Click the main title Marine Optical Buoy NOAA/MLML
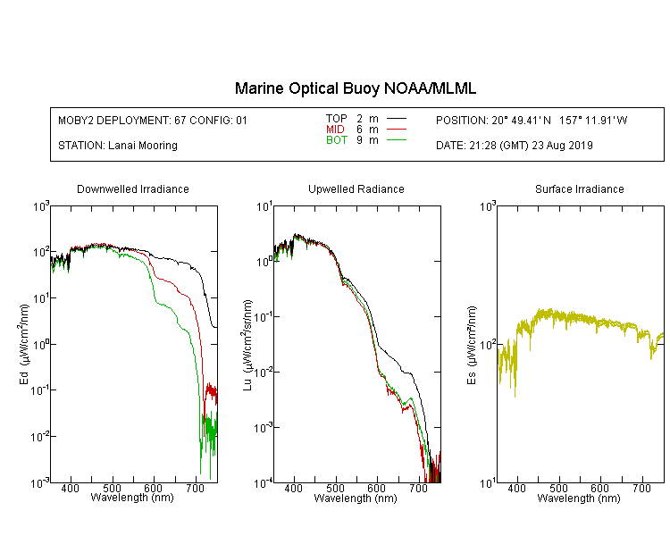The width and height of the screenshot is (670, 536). coord(355,88)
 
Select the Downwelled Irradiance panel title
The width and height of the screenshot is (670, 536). coord(133,188)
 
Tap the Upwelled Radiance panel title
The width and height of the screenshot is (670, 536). coord(356,188)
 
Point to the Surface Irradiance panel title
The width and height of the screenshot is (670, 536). coord(580,188)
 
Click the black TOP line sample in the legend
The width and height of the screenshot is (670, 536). coord(397,119)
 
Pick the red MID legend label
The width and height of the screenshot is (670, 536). coord(335,129)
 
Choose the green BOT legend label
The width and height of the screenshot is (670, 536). coord(336,140)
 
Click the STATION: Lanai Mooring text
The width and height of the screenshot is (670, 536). coord(118,146)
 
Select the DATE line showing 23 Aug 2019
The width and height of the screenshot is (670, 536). coord(515,146)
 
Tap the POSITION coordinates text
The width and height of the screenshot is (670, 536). coord(532,121)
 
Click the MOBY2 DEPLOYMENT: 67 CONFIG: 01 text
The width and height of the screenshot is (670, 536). coord(153,121)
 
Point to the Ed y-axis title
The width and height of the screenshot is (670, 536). coord(24,344)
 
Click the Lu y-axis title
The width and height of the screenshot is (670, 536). coord(247,345)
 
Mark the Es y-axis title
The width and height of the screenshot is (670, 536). coord(472,345)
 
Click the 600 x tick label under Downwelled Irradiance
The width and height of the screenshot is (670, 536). coord(154,488)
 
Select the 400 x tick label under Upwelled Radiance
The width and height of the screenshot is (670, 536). coord(294,488)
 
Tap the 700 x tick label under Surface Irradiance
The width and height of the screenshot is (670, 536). coord(641,488)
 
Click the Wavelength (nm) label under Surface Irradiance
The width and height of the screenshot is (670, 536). coord(579,498)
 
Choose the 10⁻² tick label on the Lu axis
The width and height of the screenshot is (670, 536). coord(264,372)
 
